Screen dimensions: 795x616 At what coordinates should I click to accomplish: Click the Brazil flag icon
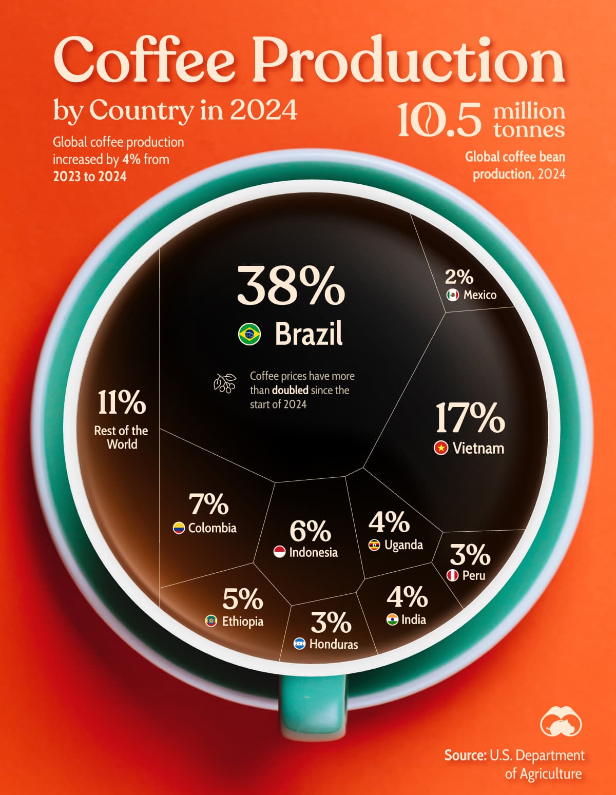click(249, 334)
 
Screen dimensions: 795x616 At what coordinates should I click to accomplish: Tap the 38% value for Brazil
click(291, 286)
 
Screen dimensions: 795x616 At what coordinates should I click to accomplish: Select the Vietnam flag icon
click(440, 448)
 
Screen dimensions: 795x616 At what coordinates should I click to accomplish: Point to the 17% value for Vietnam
click(470, 418)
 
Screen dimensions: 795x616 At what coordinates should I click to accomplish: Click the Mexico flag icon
click(452, 295)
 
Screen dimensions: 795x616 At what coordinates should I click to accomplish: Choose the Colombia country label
click(212, 528)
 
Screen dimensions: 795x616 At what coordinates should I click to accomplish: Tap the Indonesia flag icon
click(279, 552)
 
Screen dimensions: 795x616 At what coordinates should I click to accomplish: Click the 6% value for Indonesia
click(310, 531)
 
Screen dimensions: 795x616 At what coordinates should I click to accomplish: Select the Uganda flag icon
click(374, 545)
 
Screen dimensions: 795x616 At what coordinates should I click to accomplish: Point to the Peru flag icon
click(452, 575)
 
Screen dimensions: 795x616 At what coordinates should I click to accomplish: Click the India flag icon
click(392, 619)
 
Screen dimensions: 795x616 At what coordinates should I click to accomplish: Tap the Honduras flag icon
click(299, 644)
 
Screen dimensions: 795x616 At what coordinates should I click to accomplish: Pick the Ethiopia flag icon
click(211, 621)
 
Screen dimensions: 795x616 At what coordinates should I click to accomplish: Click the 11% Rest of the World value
click(122, 402)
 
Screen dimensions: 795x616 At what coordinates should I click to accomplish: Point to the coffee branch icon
click(225, 383)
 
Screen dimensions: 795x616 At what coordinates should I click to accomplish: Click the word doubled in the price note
click(290, 391)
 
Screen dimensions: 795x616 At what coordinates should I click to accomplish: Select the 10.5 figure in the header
click(439, 120)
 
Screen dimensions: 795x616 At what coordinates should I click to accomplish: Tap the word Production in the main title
click(408, 61)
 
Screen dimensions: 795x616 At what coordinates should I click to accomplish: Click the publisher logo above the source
click(561, 721)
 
